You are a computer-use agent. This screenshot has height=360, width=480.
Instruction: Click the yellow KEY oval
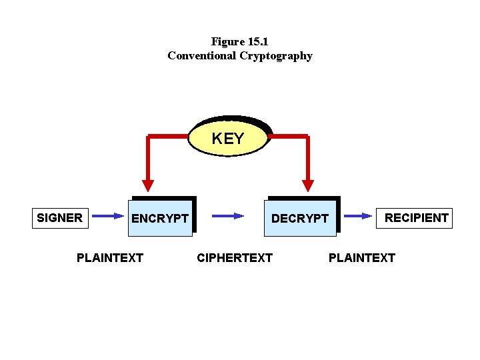(x=228, y=139)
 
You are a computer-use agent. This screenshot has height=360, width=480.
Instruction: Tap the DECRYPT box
(x=300, y=219)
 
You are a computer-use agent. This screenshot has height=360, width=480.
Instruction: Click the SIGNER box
(x=60, y=217)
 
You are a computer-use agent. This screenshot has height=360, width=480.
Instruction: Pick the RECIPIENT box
(x=417, y=217)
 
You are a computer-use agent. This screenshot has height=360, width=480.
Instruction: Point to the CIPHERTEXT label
(x=235, y=257)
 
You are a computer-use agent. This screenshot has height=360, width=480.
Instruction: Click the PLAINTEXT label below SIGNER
(x=110, y=257)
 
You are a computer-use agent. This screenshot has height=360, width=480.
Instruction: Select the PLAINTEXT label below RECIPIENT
(x=362, y=257)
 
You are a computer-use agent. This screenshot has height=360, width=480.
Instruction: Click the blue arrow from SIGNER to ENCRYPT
(x=107, y=216)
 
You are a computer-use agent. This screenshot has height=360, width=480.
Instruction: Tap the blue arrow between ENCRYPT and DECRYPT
(x=228, y=216)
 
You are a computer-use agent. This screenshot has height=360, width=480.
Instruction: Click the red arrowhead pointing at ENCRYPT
(x=148, y=184)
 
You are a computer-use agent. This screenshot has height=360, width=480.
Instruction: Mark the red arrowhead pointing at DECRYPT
(x=307, y=184)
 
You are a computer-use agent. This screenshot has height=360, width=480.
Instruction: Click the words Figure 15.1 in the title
(x=239, y=41)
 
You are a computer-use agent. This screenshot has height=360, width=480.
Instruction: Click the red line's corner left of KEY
(x=148, y=137)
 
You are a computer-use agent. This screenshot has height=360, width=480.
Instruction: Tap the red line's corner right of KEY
(x=307, y=137)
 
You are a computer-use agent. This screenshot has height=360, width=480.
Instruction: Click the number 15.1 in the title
(x=257, y=41)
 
